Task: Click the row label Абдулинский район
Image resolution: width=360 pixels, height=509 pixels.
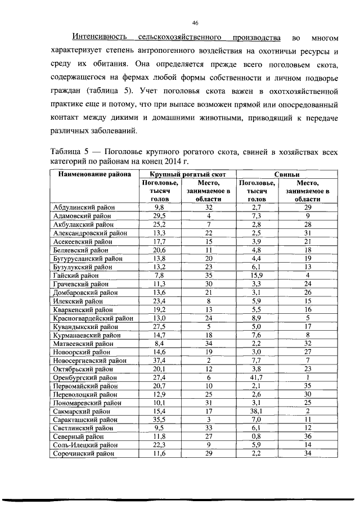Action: pyautogui.click(x=83, y=208)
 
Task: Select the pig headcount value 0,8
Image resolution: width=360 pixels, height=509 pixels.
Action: pyautogui.click(x=256, y=435)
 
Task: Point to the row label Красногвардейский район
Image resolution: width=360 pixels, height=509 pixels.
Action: pyautogui.click(x=93, y=318)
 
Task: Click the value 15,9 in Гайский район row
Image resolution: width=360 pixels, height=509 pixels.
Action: pyautogui.click(x=256, y=276)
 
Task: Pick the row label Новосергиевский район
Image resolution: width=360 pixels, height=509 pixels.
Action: pyautogui.click(x=89, y=361)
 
